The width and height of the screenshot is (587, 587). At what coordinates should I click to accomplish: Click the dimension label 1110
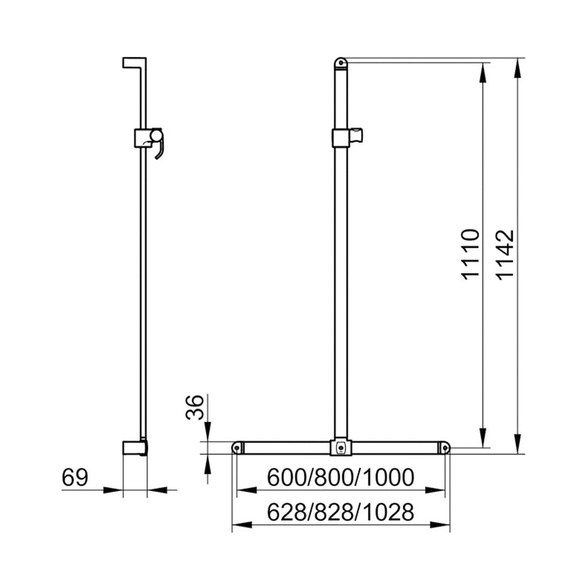pyautogui.click(x=471, y=254)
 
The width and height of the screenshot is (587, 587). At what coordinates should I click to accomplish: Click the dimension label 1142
pyautogui.click(x=505, y=254)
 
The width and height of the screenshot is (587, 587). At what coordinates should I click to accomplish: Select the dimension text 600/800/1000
pyautogui.click(x=340, y=477)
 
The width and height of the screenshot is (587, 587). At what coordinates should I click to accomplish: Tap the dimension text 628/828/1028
pyautogui.click(x=340, y=512)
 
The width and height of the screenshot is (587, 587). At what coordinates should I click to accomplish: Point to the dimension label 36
pyautogui.click(x=194, y=408)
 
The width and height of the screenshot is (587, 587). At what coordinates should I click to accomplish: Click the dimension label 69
pyautogui.click(x=75, y=478)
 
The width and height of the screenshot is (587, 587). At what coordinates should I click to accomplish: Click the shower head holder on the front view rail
pyautogui.click(x=347, y=138)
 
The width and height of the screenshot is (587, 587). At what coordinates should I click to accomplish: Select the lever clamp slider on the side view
pyautogui.click(x=149, y=139)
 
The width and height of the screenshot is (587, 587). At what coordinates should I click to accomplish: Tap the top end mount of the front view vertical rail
pyautogui.click(x=341, y=62)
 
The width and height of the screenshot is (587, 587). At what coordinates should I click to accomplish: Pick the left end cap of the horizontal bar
pyautogui.click(x=237, y=448)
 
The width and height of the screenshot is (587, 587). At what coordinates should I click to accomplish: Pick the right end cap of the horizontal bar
pyautogui.click(x=445, y=448)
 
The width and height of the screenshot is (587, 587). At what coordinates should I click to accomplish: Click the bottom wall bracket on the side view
pyautogui.click(x=134, y=448)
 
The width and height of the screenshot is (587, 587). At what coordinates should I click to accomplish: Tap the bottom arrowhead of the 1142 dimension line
pyautogui.click(x=517, y=445)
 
